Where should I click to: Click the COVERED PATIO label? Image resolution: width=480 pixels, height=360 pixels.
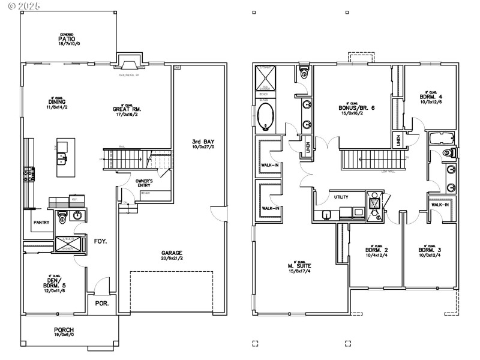click(66, 40)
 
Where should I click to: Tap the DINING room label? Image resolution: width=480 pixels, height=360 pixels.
click(57, 102)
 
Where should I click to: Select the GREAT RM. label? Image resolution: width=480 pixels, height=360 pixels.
click(127, 109)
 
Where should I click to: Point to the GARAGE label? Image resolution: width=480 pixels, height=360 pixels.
click(171, 253)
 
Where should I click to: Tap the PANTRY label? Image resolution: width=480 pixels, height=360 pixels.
click(41, 222)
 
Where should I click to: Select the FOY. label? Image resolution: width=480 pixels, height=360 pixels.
click(100, 241)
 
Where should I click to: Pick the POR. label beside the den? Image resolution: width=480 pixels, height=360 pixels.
click(101, 304)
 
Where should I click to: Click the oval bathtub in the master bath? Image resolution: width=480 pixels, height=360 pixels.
click(265, 117)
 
